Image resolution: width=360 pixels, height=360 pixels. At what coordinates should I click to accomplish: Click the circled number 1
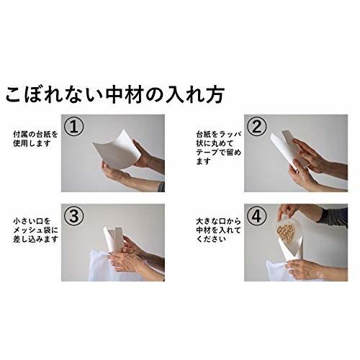coord(74,127)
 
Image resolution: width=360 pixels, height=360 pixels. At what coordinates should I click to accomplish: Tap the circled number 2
coord(257,127)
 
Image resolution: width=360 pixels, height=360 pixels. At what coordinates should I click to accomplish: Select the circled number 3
coord(74,216)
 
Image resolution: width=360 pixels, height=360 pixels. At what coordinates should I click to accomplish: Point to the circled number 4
coord(257,216)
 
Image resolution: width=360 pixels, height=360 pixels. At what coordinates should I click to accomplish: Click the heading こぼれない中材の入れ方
coord(114,94)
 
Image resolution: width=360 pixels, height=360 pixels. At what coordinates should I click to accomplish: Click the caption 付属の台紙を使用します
coord(35,139)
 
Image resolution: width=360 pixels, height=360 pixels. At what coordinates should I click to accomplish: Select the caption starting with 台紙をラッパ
coord(219,148)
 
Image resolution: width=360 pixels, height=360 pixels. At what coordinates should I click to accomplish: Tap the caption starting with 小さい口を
coord(35,230)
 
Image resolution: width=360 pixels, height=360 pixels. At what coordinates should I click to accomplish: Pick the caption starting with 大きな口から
coord(218,230)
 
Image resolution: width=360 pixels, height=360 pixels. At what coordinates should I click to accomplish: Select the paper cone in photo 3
coord(113,239)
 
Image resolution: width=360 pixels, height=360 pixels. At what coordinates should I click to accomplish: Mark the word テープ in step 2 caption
coord(207,152)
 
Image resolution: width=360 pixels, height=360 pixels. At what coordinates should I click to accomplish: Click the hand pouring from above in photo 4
coord(287,211)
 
